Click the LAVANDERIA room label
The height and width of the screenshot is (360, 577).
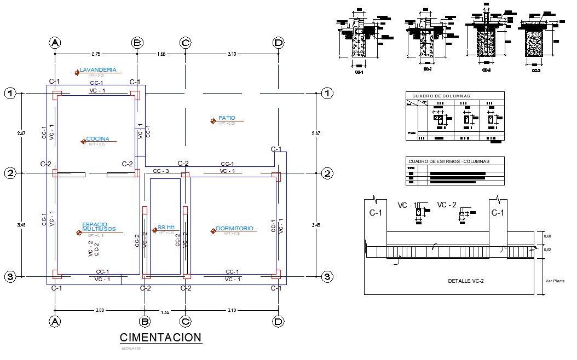pos(98,70)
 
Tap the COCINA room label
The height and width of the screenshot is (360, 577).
pos(97,139)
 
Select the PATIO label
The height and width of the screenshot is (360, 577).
pos(227,118)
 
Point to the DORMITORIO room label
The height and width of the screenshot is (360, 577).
pos(234,229)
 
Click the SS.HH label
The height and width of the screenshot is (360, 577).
pos(165,228)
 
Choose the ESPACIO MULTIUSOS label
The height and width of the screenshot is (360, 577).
pos(99,227)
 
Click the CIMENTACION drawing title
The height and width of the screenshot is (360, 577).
pos(160,338)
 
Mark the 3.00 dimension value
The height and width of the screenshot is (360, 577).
pos(100,310)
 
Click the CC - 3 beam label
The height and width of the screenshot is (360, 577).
pos(161,171)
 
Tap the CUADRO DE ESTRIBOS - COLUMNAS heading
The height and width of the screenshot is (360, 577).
pos(449,161)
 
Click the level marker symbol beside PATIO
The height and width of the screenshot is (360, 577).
pos(212,121)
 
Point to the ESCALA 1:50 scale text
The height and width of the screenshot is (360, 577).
pos(131,348)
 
